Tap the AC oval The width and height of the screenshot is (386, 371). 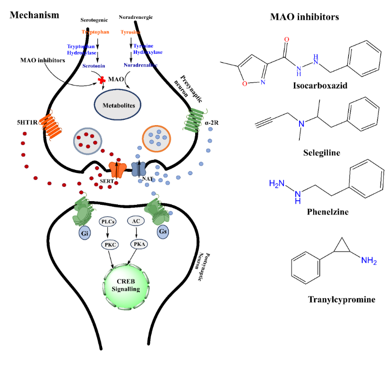pyautogui.click(x=136, y=221)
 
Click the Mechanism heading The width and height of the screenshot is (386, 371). pyautogui.click(x=34, y=15)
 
